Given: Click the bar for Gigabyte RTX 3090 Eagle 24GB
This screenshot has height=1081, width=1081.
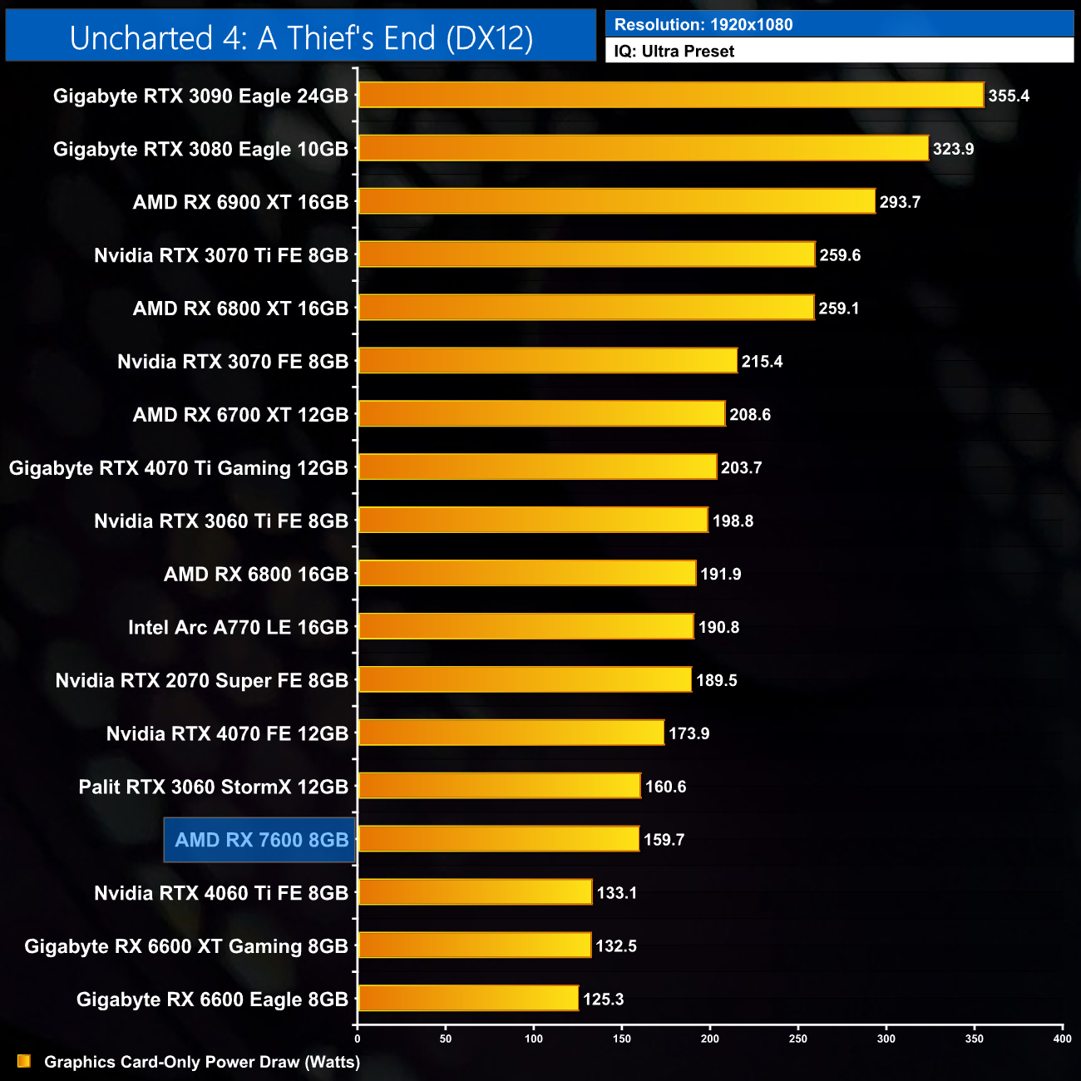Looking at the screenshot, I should point(670,95).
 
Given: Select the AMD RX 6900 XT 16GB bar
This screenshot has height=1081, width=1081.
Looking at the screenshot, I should point(616,201).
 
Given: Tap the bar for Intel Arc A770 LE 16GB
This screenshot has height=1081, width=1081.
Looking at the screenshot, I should point(526,626).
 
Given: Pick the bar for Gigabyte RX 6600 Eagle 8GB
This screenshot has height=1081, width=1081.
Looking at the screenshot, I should point(468,998).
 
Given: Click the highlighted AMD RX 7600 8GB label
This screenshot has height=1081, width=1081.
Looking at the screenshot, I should point(261,840).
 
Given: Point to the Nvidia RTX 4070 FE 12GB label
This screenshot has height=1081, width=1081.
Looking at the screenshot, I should point(227,733).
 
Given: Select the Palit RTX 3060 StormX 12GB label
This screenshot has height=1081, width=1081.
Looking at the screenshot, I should point(213,787).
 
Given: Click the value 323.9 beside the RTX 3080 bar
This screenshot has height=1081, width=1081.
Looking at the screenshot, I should point(953,149).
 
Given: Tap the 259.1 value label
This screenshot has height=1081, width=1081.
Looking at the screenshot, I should point(838,309).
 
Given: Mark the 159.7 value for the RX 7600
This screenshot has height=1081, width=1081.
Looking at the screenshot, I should point(664,840).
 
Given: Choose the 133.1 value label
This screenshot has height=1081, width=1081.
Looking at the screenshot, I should point(616,893).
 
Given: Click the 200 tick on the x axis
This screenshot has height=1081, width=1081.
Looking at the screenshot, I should point(710,1039).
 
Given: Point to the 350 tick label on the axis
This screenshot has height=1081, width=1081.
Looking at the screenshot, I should point(975,1039).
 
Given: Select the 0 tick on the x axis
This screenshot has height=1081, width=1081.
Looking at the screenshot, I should point(358,1039).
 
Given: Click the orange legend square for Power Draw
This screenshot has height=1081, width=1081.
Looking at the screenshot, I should point(24,1061).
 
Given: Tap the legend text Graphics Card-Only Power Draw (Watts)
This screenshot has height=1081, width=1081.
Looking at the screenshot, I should point(202,1062).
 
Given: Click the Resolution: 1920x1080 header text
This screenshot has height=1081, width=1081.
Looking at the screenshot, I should point(703,25).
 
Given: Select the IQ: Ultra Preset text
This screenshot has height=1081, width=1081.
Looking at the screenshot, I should point(674,52).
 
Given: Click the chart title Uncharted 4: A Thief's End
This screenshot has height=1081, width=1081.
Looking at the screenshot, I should point(301,38).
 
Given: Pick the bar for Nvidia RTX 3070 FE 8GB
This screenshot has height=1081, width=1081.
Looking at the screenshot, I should point(547,361).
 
